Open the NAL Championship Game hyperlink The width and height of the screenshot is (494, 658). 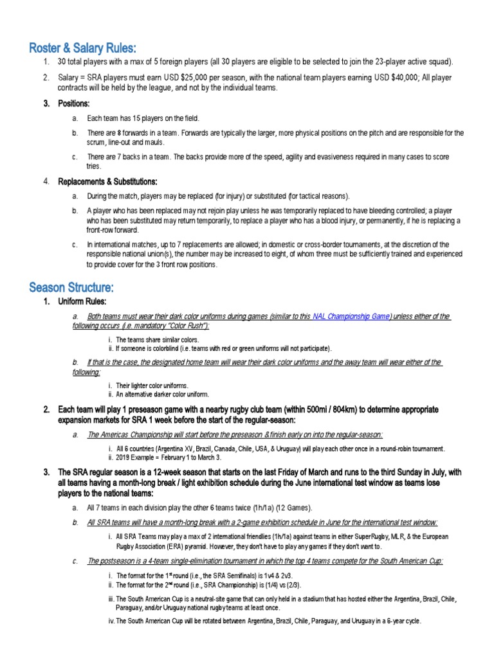pos(351,317)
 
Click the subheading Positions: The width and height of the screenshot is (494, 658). pos(74,103)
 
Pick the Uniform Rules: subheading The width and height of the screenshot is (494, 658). pos(82,301)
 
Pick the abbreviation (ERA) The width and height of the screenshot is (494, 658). pos(193,547)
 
